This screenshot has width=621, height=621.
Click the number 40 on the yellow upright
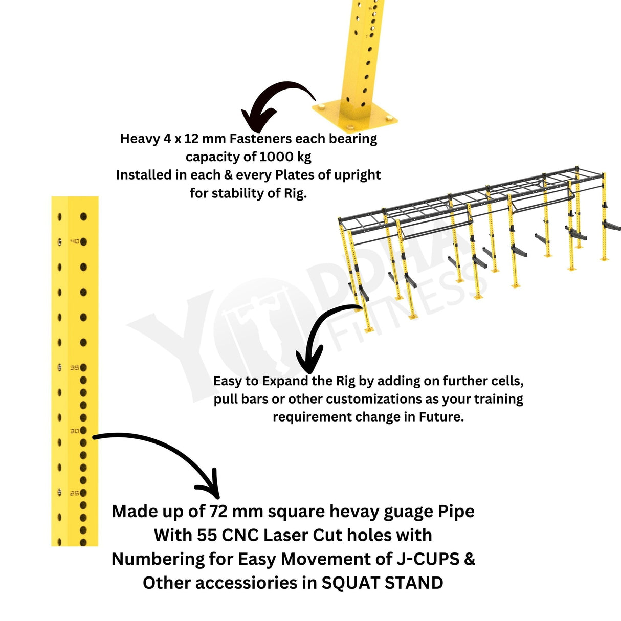click(75, 241)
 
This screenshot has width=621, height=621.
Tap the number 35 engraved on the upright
click(75, 367)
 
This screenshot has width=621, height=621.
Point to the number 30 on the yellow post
click(75, 431)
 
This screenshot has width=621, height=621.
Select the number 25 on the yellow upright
click(75, 493)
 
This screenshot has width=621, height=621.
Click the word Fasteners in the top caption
click(260, 139)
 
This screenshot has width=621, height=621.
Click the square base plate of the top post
click(354, 115)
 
